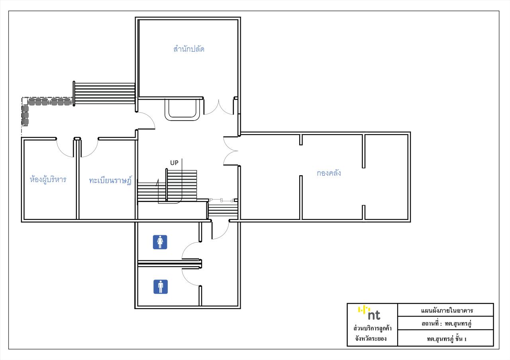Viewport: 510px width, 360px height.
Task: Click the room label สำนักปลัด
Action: coord(189,49)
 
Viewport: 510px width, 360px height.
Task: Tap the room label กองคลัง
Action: coord(329,173)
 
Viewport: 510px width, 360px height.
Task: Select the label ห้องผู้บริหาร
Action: coord(48,180)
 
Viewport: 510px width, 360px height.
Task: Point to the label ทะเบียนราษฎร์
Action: coord(110,180)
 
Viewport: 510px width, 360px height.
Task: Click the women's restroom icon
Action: coord(160,242)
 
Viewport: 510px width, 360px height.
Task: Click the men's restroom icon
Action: coord(161,287)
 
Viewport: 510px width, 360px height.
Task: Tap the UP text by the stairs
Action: coord(174,163)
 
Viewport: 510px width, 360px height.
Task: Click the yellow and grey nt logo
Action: coord(369,313)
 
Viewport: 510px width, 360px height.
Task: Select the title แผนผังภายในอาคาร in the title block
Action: coord(447,311)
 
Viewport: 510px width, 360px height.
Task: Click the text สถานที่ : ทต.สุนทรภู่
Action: coord(447,324)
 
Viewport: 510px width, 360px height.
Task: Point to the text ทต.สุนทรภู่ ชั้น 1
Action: coord(447,338)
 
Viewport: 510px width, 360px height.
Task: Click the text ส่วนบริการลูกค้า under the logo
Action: coord(373,329)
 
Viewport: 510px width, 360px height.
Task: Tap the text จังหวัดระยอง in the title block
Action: coord(371,338)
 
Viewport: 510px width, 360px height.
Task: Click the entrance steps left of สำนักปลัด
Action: coord(104,93)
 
